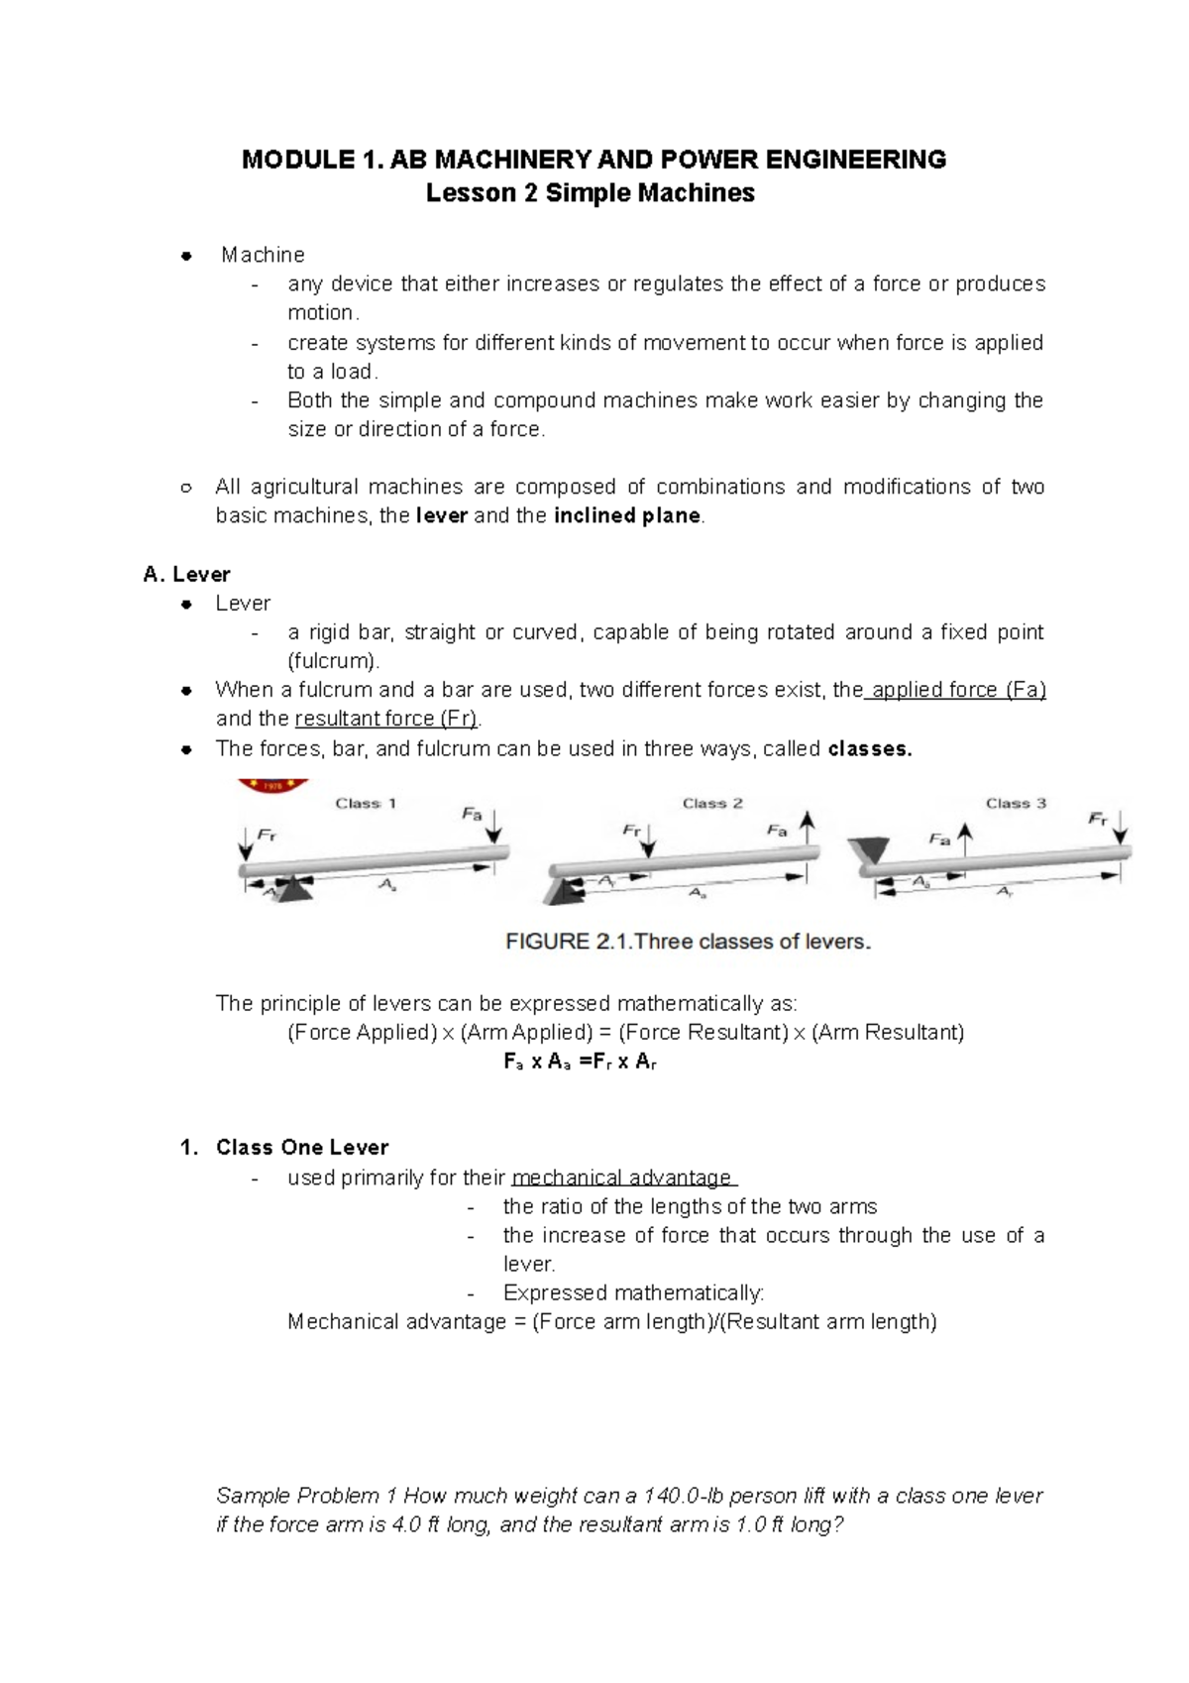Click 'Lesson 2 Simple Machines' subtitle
click(590, 193)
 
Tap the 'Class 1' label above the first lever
click(366, 804)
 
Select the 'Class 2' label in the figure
click(712, 804)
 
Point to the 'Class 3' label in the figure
click(1016, 804)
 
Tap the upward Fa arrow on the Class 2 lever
click(809, 828)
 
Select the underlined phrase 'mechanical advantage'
click(623, 1178)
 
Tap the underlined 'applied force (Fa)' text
click(957, 690)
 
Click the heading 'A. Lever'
click(186, 574)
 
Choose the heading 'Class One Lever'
click(301, 1148)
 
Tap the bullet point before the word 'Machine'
click(185, 257)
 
